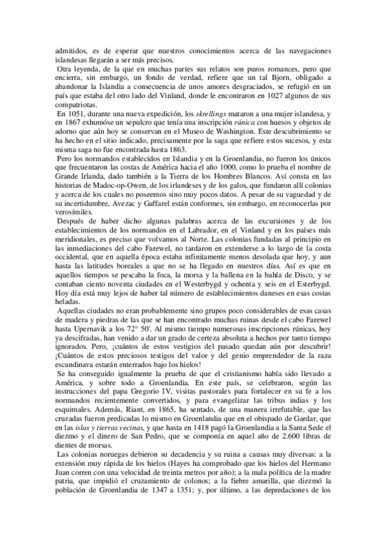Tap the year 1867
77,123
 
